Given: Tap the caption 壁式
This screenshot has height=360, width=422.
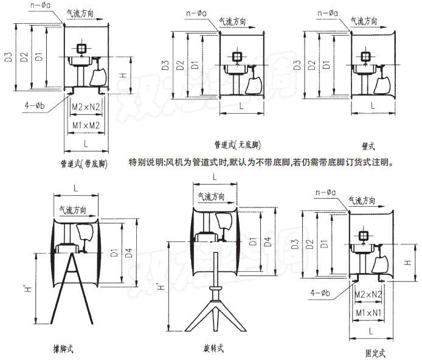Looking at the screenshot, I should (367, 146).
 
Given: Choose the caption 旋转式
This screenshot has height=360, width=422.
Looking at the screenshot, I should (213, 348).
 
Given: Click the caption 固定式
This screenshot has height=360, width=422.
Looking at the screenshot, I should (375, 352).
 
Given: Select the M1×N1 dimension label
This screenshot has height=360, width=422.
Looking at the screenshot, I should (368, 312).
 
